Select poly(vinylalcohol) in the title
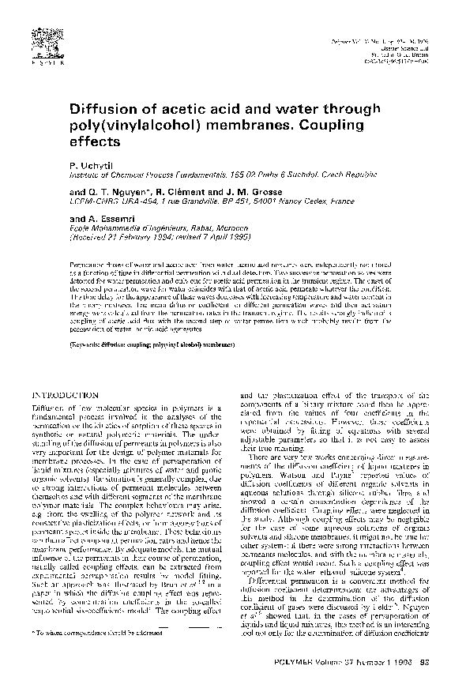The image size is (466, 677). [148, 126]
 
